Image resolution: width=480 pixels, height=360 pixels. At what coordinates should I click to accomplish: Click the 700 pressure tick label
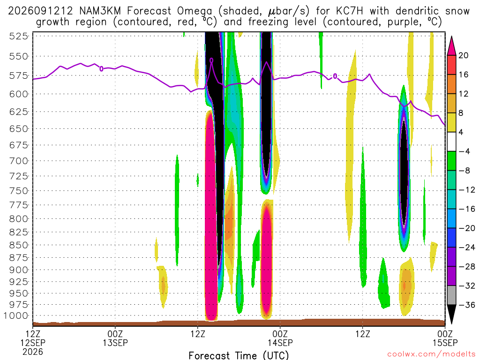(18, 161)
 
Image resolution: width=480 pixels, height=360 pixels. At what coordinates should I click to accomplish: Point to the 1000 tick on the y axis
(16, 316)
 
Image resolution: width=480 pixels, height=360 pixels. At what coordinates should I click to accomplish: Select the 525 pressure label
(18, 37)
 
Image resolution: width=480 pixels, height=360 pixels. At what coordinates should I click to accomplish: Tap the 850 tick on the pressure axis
(18, 245)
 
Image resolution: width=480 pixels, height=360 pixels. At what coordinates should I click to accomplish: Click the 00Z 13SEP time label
(115, 338)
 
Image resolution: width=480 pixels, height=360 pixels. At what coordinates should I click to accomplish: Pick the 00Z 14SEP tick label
(280, 338)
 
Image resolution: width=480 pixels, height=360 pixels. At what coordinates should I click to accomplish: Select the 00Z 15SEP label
(445, 338)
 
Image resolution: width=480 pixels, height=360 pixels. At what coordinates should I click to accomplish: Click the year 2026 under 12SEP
(33, 352)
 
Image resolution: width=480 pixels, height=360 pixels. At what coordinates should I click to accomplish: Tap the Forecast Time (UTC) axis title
(239, 355)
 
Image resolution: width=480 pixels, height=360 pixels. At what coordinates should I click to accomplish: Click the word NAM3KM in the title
(100, 11)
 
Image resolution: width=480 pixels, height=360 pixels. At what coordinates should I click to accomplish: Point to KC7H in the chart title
(349, 11)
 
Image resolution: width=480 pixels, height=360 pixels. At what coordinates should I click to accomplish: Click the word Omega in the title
(195, 12)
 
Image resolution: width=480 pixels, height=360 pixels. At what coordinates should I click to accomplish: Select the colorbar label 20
(464, 55)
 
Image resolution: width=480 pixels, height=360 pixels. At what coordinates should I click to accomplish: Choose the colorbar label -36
(467, 305)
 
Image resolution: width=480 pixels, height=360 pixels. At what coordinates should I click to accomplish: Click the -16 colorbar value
(467, 209)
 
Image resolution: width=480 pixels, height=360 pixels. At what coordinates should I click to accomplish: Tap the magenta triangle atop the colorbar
(451, 46)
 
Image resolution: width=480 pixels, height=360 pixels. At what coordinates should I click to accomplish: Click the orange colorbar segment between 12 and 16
(451, 84)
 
